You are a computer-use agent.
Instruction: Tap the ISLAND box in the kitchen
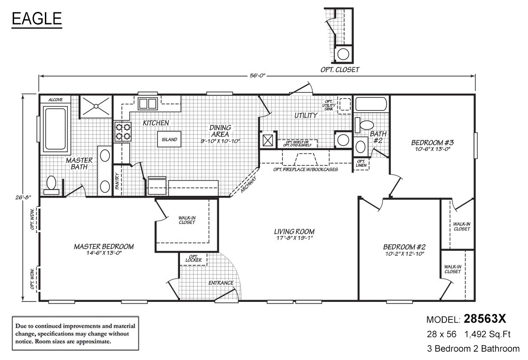tap(169, 140)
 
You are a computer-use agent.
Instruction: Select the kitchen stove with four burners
tap(123, 132)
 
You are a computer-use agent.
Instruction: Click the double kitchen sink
tap(148, 104)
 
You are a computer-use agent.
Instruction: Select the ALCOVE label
tap(55, 100)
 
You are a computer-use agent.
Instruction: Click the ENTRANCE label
tap(221, 283)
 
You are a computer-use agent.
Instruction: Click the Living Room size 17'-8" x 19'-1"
tap(294, 238)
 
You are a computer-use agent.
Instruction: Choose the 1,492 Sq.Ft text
tap(487, 335)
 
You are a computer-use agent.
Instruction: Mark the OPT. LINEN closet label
tap(361, 163)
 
